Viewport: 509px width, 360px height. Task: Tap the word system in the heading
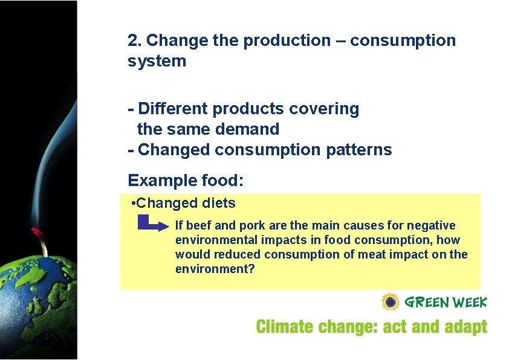point(157,62)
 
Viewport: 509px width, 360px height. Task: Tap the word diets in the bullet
point(219,203)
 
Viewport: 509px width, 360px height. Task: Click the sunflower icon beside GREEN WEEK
point(390,302)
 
